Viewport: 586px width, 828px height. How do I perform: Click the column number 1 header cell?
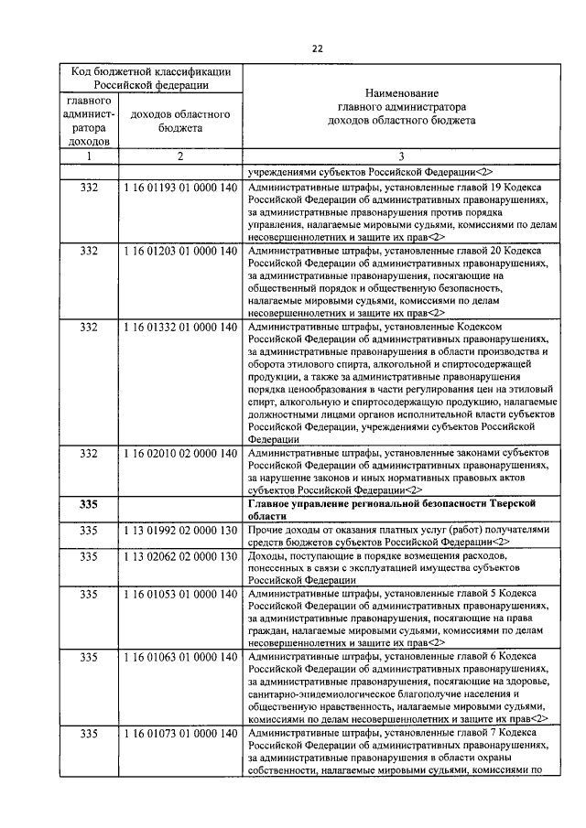click(x=89, y=156)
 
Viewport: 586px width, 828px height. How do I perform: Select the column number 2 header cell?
click(x=180, y=156)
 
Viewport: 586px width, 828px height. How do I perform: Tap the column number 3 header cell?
click(x=401, y=156)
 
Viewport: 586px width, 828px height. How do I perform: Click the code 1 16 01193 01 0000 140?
click(x=179, y=186)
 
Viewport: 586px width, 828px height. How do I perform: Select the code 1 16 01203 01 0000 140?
click(x=179, y=250)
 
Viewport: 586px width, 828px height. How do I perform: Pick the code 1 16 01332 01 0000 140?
click(x=179, y=327)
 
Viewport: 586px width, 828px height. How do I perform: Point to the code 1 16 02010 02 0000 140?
click(x=179, y=454)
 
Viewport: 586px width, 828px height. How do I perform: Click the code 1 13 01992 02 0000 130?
click(x=179, y=531)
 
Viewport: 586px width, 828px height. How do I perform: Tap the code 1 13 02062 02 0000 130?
click(x=179, y=556)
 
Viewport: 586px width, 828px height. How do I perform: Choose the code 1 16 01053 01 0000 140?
click(x=179, y=595)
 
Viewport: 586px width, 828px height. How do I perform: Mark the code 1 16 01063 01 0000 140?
click(x=179, y=659)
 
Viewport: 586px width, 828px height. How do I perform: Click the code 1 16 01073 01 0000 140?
click(x=179, y=735)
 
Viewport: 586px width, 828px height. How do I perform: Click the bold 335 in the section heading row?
click(x=89, y=505)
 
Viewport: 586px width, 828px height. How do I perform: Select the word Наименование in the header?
click(x=401, y=94)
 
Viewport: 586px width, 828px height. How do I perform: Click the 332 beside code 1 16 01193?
click(x=89, y=186)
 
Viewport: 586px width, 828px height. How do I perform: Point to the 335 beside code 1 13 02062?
click(x=89, y=556)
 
